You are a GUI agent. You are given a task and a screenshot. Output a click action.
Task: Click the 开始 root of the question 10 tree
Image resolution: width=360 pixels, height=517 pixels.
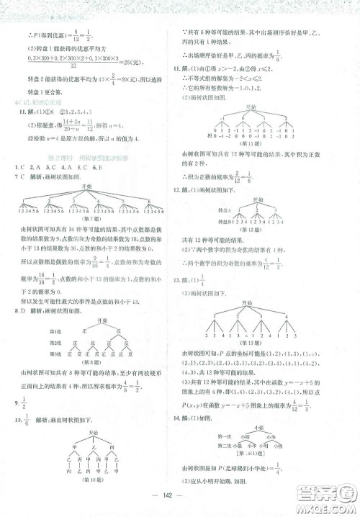[x=94, y=432]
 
